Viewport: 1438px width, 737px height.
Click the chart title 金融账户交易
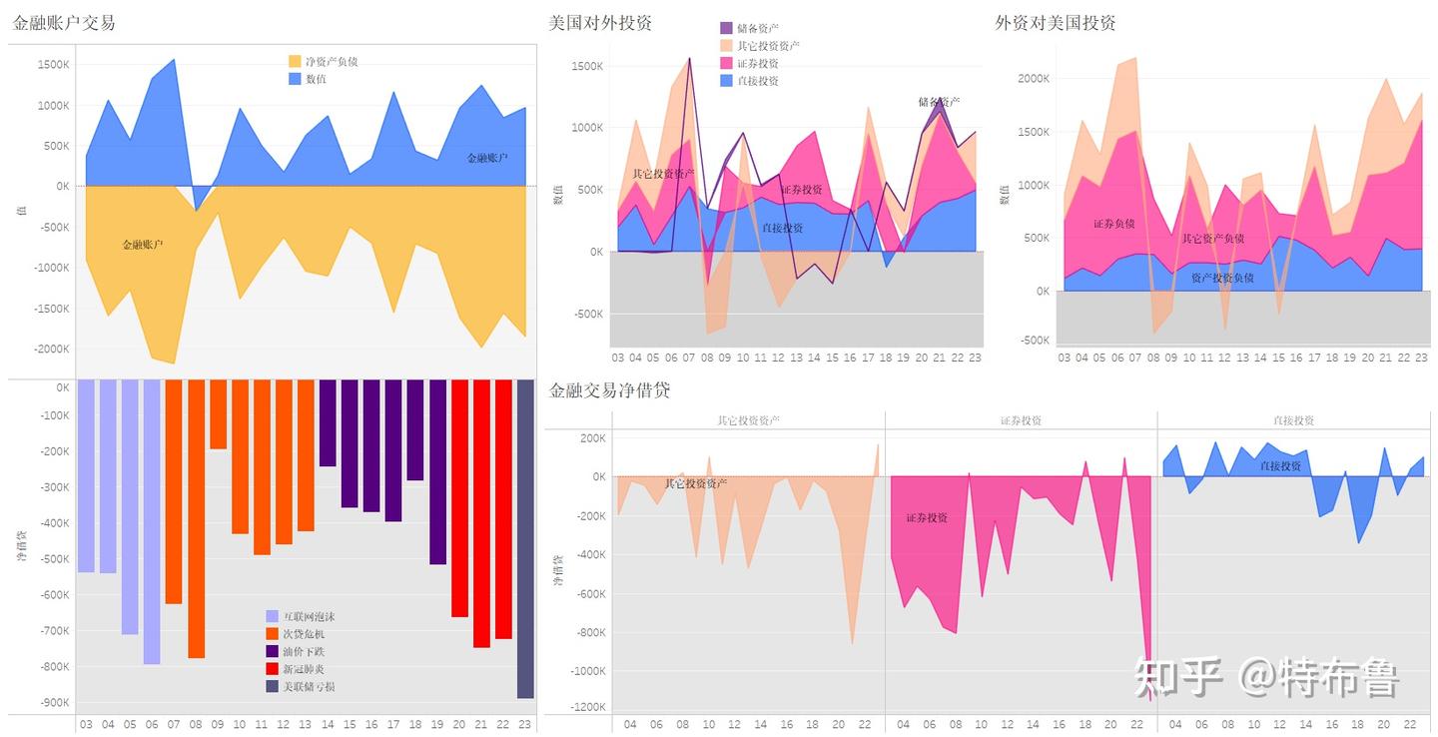[x=64, y=22]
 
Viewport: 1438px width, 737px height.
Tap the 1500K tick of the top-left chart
[x=53, y=65]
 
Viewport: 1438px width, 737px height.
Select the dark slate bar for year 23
[x=525, y=539]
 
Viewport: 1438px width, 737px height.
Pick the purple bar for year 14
[x=328, y=423]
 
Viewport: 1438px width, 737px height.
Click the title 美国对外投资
[x=600, y=22]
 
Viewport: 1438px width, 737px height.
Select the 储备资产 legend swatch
[x=727, y=28]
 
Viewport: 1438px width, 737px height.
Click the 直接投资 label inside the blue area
[x=782, y=228]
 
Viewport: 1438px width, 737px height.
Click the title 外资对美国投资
[x=1056, y=22]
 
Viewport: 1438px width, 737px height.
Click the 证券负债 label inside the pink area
[x=1113, y=224]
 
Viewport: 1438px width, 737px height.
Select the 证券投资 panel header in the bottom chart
[x=1021, y=420]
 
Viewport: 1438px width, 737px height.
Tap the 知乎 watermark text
[x=1179, y=678]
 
